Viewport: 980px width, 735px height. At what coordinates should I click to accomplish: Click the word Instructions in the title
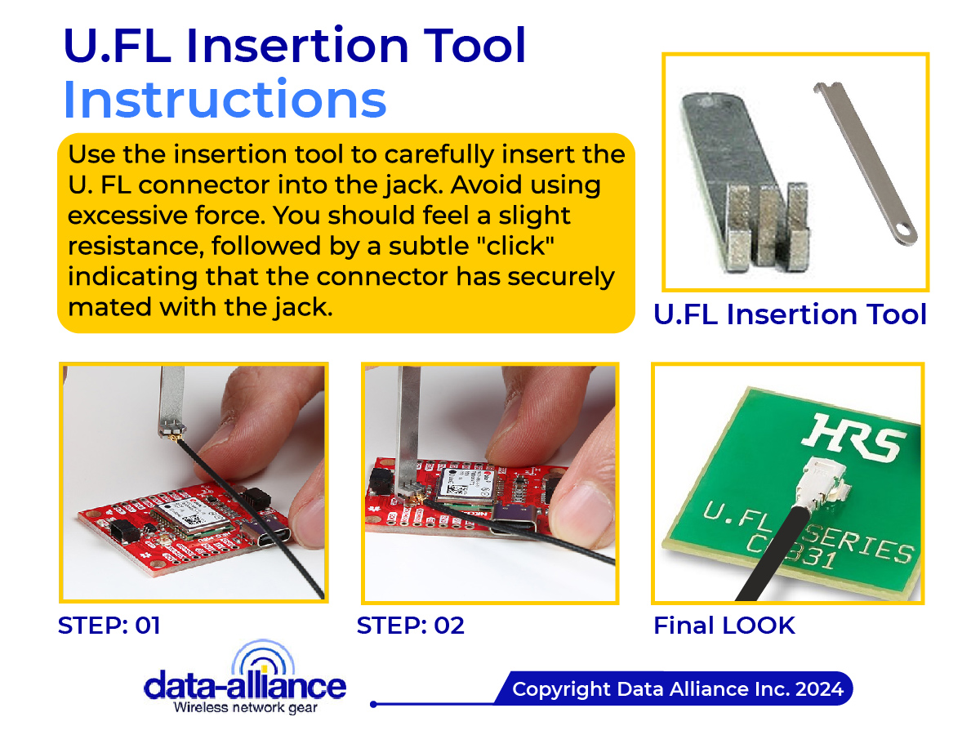[225, 100]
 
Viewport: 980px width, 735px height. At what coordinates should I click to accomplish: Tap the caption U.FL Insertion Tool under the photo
[790, 314]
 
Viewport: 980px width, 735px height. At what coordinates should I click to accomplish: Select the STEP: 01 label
[109, 626]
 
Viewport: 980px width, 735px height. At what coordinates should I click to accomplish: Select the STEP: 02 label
[410, 626]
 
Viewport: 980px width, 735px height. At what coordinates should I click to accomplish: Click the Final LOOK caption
[724, 626]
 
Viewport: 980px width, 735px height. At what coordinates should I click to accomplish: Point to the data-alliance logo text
[244, 684]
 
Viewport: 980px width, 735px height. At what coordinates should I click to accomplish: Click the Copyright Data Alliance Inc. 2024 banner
[677, 689]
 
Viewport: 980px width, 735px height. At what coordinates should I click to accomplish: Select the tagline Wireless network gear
[245, 706]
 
